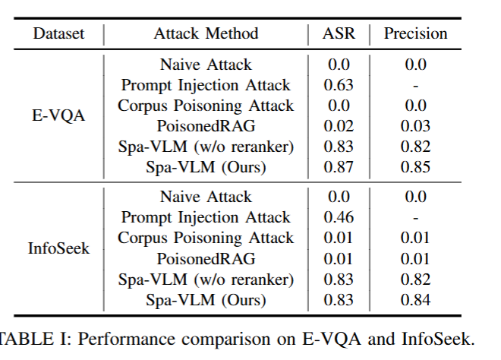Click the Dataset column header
[x=58, y=33]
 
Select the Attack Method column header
[x=206, y=33]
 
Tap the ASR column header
[x=339, y=33]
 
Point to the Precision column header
[x=415, y=33]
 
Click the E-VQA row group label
[x=58, y=115]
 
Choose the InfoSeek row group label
[x=58, y=248]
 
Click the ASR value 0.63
[x=339, y=85]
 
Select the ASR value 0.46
[x=339, y=217]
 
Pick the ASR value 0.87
[x=339, y=167]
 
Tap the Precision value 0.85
[x=415, y=167]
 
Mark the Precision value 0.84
[x=415, y=300]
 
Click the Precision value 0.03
[x=415, y=126]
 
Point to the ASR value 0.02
[x=339, y=126]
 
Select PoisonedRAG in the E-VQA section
[x=206, y=126]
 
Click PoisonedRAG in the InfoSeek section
[x=206, y=259]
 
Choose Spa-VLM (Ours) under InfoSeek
[x=206, y=300]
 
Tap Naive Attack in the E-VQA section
[x=206, y=65]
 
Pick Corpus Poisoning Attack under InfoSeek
[x=206, y=238]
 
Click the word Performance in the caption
[x=126, y=339]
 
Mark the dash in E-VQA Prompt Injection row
[x=415, y=87]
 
